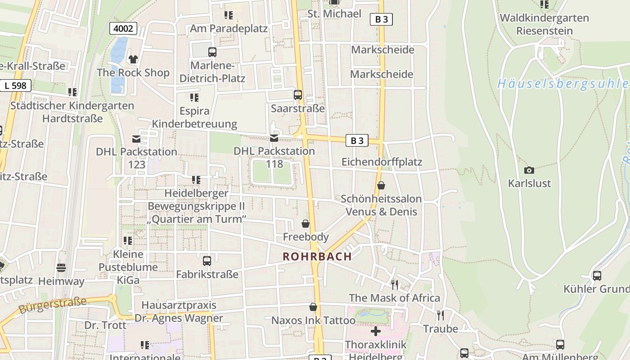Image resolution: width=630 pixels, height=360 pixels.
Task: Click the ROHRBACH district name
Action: tap(317, 256)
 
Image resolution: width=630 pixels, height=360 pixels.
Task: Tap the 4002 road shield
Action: tap(123, 29)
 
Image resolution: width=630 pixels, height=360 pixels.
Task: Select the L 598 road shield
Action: tap(16, 85)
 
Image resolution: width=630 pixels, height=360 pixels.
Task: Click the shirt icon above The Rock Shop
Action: tap(133, 59)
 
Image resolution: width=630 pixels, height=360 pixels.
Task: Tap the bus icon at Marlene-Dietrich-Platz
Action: tap(212, 52)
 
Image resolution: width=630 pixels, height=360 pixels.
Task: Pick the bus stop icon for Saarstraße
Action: tap(298, 95)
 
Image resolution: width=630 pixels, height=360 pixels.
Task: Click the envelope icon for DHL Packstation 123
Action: tap(136, 139)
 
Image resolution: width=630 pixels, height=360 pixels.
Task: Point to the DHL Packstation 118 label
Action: tap(274, 157)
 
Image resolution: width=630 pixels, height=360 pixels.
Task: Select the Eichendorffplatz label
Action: tap(382, 162)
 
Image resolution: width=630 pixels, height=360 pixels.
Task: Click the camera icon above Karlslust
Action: tap(529, 170)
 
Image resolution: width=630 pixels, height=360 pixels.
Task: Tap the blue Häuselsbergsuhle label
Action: tap(562, 84)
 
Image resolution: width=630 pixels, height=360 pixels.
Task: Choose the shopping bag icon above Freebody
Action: tap(306, 224)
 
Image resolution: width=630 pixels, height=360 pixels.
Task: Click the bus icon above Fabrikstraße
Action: tap(207, 261)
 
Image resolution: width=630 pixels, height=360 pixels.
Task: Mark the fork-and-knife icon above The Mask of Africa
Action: tap(395, 284)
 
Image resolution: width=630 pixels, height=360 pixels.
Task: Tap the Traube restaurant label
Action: tap(440, 329)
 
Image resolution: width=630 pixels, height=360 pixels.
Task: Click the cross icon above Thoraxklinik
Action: tap(376, 332)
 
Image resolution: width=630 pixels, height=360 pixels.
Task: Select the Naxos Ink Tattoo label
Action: tap(313, 320)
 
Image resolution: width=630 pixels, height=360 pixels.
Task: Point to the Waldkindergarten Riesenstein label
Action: tap(544, 24)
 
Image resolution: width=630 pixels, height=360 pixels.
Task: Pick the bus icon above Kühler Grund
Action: tap(597, 276)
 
